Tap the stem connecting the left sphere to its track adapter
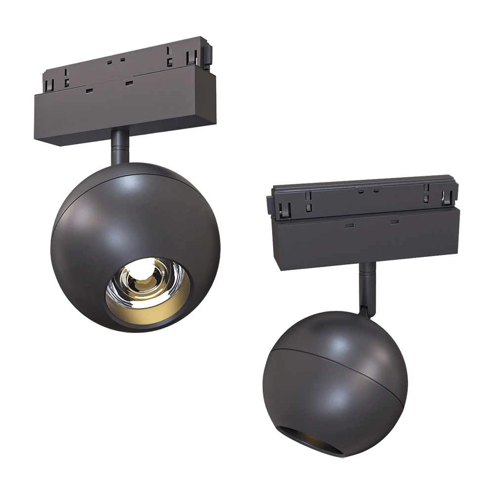(x=120, y=146)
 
